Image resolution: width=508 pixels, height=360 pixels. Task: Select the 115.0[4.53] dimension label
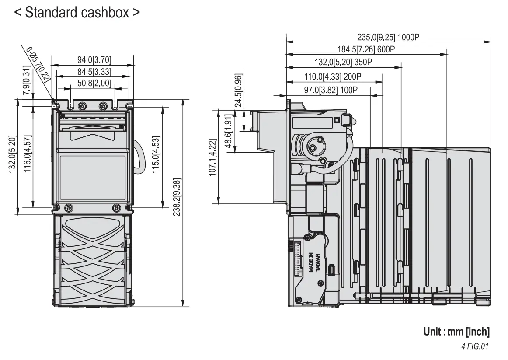156,155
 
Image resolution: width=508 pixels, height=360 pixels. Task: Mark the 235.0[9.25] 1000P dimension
388,37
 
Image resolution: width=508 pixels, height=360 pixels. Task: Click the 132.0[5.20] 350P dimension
343,62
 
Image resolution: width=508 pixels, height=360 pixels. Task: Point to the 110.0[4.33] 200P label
333,77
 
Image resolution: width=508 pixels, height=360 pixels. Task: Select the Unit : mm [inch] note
456,332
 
